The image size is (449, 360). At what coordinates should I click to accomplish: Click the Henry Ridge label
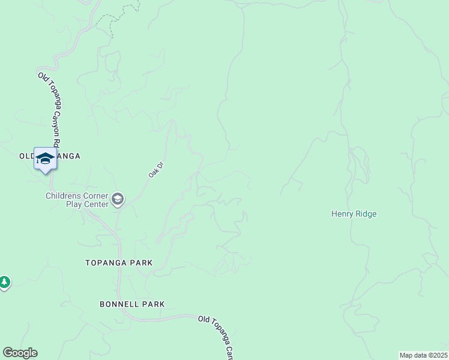pos(354,214)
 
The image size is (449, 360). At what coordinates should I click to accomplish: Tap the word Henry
pos(343,214)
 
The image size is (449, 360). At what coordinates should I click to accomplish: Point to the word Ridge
pos(365,214)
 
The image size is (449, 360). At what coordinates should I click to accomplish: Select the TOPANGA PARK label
pos(119,263)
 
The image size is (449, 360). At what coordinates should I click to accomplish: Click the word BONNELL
pos(120,304)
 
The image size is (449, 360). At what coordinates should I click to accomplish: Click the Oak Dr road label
pos(156,169)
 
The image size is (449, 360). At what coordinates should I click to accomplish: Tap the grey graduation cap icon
pos(118,199)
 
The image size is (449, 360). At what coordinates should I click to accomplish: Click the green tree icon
pos(4,281)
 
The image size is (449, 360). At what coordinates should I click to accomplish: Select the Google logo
pos(20,353)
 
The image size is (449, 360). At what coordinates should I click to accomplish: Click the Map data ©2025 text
pos(423,355)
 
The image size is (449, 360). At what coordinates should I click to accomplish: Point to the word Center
pos(96,204)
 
